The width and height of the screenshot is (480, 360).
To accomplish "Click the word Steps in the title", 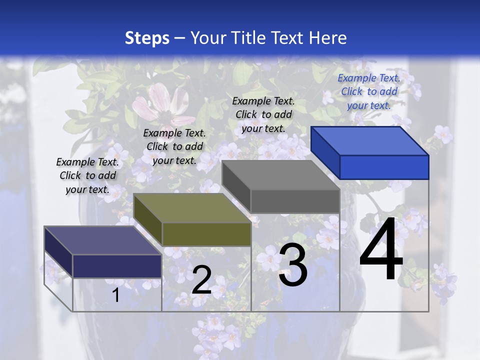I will click(x=147, y=38).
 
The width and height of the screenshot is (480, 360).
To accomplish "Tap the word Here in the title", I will click(x=328, y=38).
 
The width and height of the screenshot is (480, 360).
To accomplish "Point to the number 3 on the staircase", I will click(x=293, y=265).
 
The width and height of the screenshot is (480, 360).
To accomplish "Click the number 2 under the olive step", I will click(x=201, y=280).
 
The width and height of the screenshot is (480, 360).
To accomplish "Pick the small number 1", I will click(x=115, y=295).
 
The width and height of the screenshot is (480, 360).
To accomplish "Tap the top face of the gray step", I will click(x=280, y=175).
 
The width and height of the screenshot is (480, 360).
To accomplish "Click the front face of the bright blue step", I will click(x=384, y=167).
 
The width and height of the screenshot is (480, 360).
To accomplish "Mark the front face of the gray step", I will click(x=295, y=201).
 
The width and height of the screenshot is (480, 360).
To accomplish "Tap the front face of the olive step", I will click(x=206, y=234).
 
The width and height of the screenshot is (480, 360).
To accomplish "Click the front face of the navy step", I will click(x=117, y=266).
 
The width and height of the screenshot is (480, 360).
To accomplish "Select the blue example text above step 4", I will click(x=369, y=91).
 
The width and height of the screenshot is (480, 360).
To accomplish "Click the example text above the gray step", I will click(x=263, y=114).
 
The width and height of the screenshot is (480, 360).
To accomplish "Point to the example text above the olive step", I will click(x=174, y=146).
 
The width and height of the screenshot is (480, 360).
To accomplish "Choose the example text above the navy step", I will click(x=87, y=175).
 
